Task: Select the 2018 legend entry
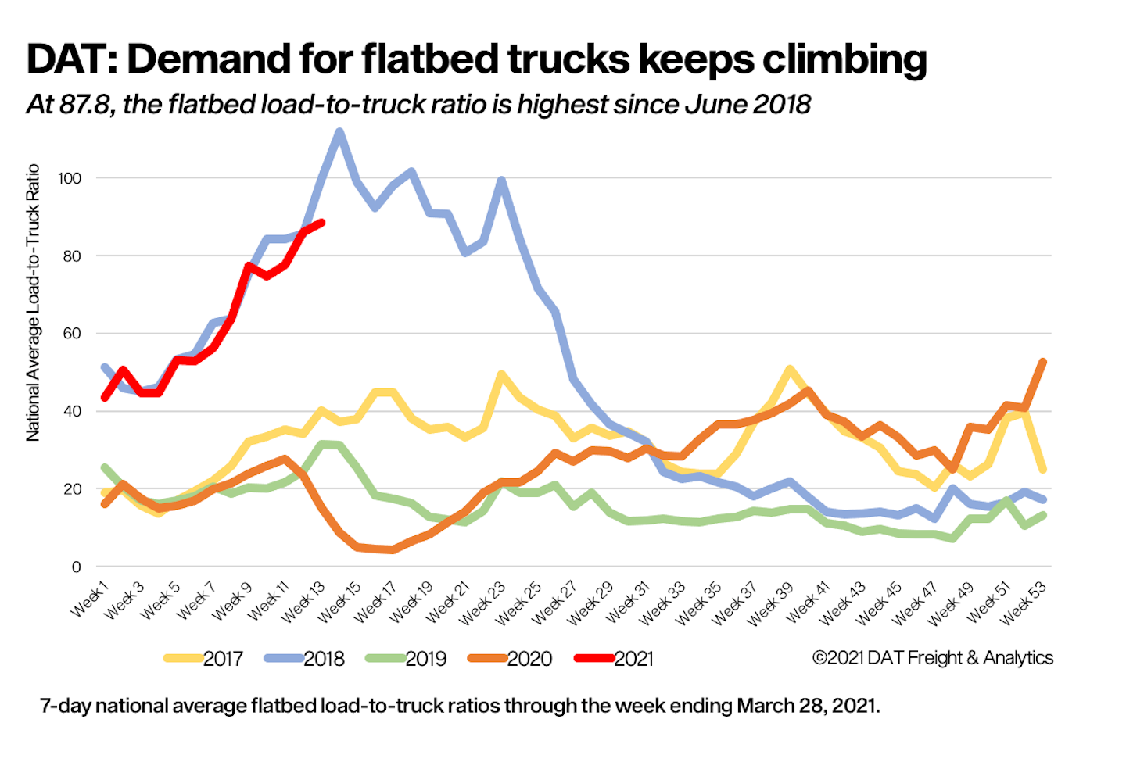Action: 305,659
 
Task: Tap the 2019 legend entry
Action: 407,659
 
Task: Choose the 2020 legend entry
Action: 510,659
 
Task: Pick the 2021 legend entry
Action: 615,659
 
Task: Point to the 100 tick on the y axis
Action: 70,178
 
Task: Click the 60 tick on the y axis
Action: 72,334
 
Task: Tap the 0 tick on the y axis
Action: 76,567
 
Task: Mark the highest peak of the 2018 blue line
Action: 339,132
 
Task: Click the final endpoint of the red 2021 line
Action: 321,223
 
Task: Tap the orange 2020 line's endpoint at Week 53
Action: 1043,361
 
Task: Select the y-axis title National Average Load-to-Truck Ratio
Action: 33,302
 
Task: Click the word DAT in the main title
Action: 70,59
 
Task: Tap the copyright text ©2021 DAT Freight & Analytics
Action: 932,658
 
